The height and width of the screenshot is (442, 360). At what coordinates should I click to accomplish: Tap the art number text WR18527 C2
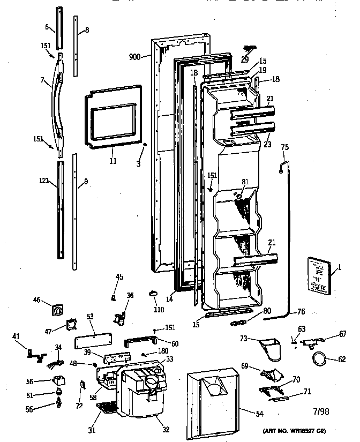coord(294,431)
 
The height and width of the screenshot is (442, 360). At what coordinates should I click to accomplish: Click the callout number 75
coord(284,148)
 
